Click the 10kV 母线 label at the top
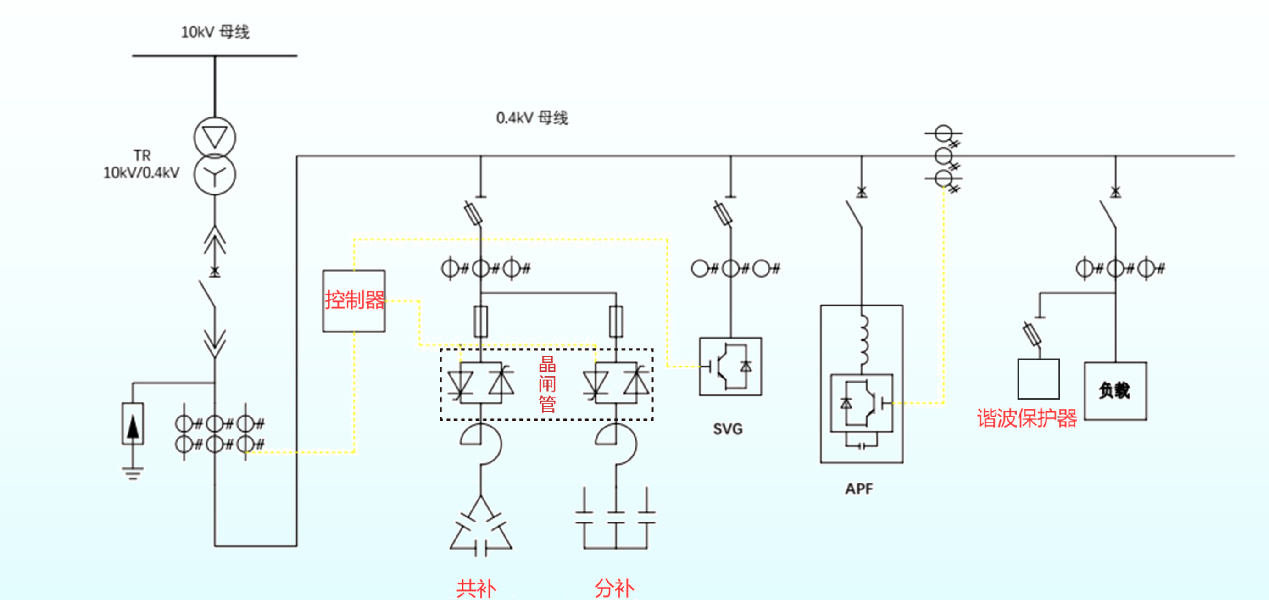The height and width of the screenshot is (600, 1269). (x=215, y=33)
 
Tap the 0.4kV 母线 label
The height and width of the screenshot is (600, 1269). (x=532, y=118)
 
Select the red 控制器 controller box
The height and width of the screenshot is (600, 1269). (x=354, y=300)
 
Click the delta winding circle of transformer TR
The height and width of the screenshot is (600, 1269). (x=215, y=138)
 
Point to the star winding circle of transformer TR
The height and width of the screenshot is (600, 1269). (x=215, y=175)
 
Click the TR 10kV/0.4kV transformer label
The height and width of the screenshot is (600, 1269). (x=141, y=165)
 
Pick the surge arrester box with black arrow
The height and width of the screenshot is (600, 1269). (x=133, y=424)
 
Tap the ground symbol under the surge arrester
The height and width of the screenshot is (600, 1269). (x=133, y=473)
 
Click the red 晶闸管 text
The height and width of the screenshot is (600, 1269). (x=547, y=384)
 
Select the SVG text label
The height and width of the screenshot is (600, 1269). (x=728, y=429)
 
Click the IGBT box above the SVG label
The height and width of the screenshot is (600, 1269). (x=730, y=366)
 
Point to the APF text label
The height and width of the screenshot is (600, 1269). (x=859, y=489)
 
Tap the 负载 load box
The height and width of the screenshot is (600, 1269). (x=1115, y=391)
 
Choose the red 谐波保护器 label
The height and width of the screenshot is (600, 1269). (x=1027, y=418)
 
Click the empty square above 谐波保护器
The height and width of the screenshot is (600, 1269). (x=1038, y=379)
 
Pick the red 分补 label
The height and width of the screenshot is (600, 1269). (x=614, y=588)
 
